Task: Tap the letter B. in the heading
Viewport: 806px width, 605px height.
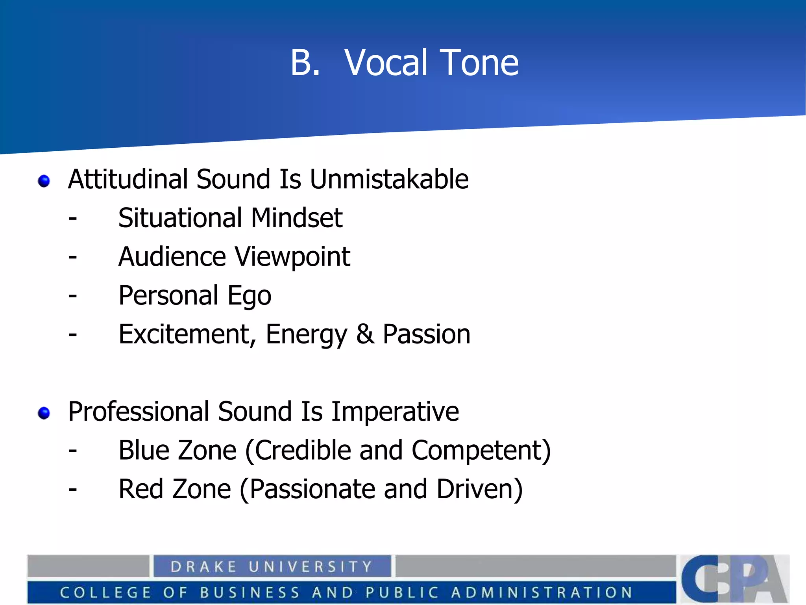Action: tap(305, 63)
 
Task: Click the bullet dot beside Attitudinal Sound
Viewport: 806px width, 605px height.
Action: tap(44, 181)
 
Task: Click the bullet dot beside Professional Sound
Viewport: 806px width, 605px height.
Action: tap(44, 413)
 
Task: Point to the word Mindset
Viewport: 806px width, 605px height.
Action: tap(297, 218)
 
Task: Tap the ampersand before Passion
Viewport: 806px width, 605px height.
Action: tap(365, 334)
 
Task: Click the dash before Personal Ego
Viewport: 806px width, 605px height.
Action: tap(72, 295)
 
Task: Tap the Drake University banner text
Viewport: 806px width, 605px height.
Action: tap(272, 567)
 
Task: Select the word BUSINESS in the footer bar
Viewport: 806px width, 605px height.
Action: tap(250, 592)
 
